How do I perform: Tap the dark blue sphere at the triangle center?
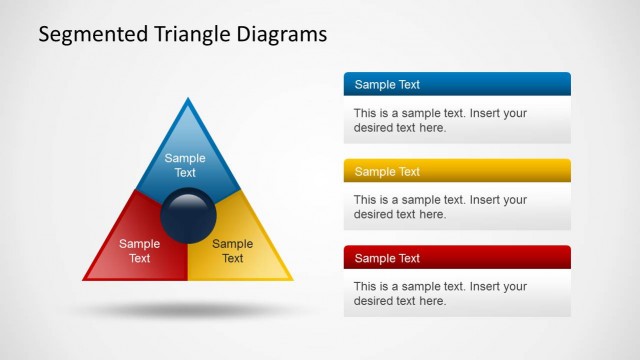(188, 215)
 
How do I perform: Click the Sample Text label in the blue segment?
(185, 165)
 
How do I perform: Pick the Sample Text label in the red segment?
(139, 251)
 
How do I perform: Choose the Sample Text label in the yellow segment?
(233, 251)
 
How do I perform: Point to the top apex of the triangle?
(188, 100)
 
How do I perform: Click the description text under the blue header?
(440, 120)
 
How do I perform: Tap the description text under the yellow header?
(440, 207)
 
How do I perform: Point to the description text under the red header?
(440, 293)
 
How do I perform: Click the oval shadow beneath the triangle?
(188, 311)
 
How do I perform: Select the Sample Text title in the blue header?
(387, 85)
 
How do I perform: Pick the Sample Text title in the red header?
(387, 258)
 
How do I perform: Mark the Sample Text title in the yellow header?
(387, 172)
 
